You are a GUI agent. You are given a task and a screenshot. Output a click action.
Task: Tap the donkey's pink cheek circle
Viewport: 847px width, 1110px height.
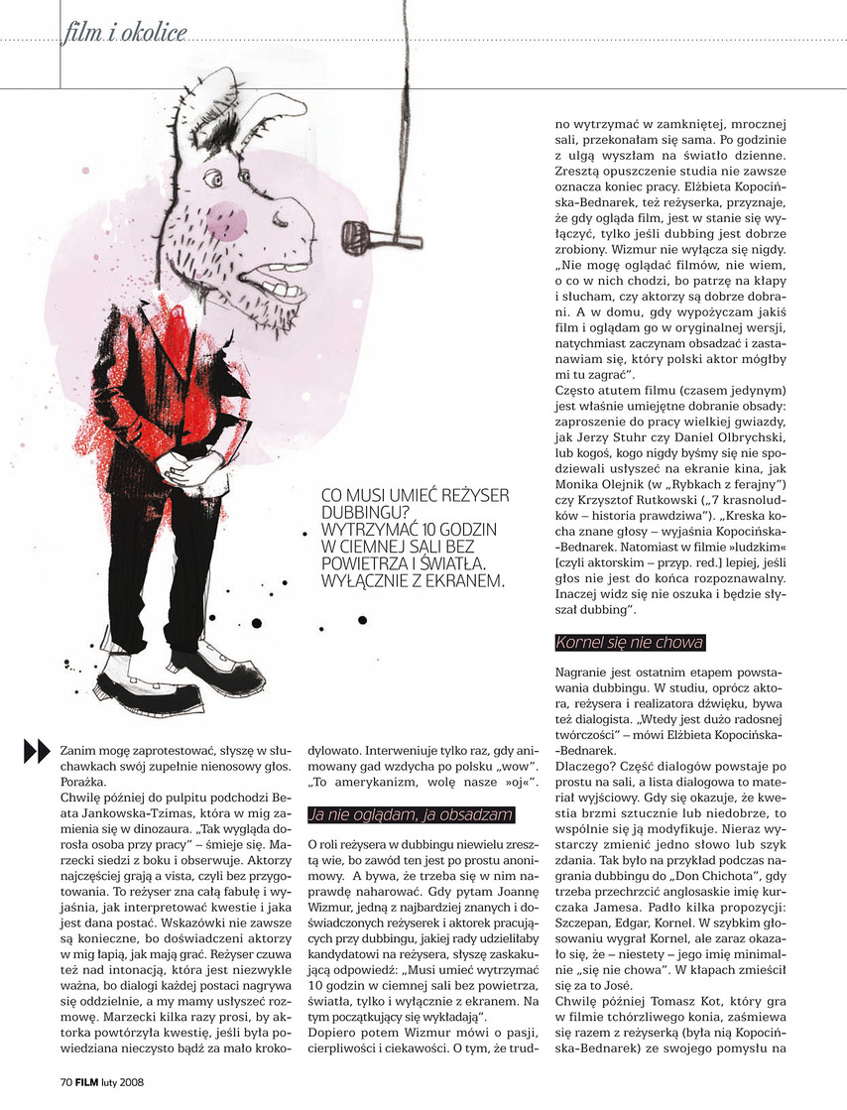point(228,216)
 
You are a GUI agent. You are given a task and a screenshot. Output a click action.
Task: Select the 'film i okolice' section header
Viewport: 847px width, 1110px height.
point(124,36)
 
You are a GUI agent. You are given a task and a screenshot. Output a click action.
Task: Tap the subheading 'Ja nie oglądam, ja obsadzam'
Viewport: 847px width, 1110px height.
point(412,815)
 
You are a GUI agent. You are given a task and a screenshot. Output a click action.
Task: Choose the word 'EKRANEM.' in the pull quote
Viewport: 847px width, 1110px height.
point(459,581)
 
